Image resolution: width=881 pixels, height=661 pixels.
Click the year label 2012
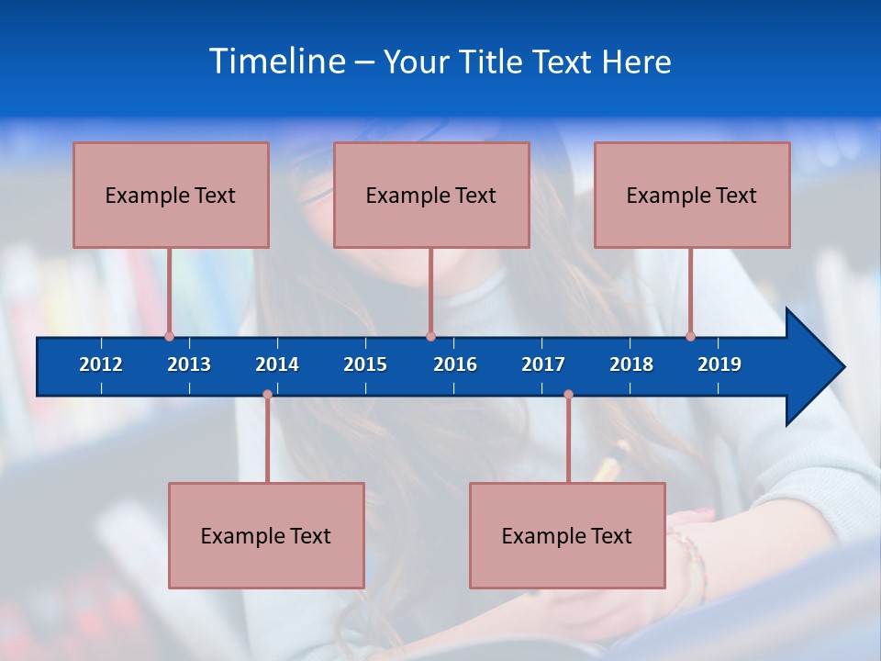click(101, 364)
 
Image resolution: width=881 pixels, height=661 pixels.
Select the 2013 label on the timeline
click(189, 364)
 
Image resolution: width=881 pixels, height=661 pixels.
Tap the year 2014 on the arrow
click(277, 364)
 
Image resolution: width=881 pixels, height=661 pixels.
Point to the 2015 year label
click(365, 364)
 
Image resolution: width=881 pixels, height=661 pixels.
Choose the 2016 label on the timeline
click(455, 364)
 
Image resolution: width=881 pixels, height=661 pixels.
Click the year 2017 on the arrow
click(543, 364)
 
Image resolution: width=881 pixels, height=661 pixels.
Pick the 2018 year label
click(631, 364)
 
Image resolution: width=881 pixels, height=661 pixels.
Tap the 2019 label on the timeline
click(719, 364)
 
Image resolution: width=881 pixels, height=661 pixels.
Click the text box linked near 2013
click(171, 195)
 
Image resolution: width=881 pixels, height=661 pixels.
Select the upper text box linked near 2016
click(431, 195)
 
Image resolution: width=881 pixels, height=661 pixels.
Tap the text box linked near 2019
click(692, 195)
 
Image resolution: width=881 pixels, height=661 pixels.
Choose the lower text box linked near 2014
click(266, 535)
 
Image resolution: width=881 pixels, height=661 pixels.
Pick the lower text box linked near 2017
click(567, 535)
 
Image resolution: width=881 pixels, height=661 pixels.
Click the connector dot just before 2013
click(169, 336)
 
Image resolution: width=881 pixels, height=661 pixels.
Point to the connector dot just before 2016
click(430, 336)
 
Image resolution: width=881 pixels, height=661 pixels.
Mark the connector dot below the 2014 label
click(267, 394)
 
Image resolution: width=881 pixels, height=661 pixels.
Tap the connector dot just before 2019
click(690, 336)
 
